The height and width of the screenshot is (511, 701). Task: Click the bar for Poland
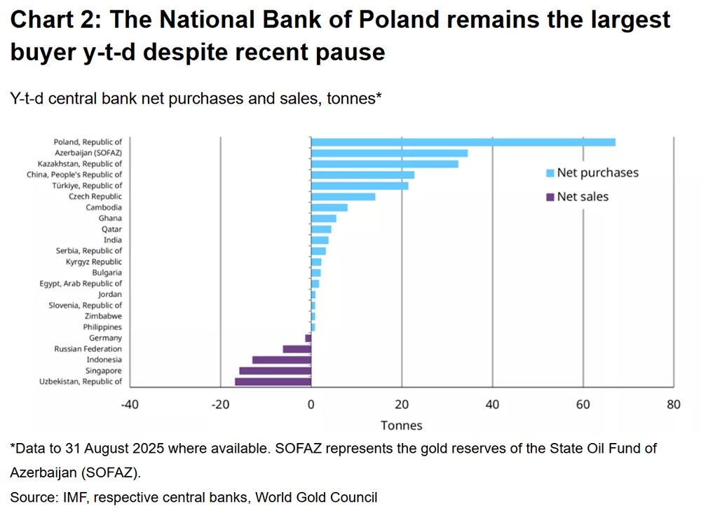463,142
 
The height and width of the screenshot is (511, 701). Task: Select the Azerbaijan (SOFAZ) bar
389,153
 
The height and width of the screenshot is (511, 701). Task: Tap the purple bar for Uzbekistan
273,381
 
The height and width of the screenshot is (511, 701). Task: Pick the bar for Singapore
275,371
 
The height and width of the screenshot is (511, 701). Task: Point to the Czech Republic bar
343,196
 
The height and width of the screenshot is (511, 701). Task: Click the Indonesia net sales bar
281,360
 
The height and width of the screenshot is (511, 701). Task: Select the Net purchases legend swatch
550,173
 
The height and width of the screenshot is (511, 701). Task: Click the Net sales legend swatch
550,197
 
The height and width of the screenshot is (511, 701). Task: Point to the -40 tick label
130,404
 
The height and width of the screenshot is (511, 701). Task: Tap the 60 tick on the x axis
583,404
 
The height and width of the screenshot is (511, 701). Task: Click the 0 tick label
311,404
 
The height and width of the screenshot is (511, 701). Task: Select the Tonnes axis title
402,425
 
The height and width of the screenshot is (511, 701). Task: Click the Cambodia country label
104,207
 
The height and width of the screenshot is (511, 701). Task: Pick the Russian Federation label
88,349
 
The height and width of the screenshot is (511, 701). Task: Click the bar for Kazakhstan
384,164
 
